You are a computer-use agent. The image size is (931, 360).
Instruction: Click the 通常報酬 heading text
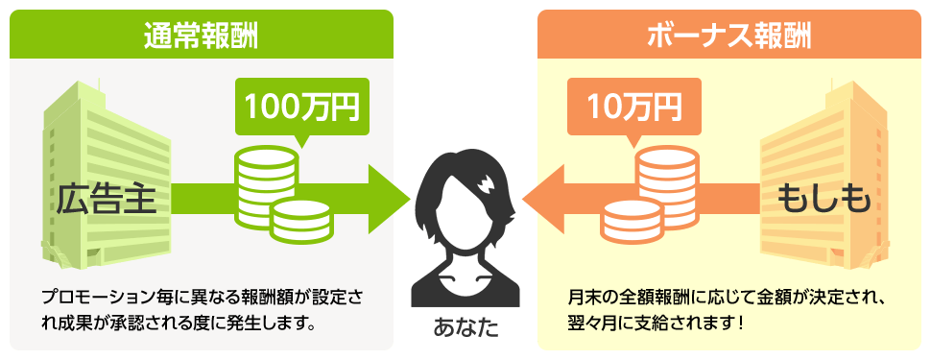coord(202,36)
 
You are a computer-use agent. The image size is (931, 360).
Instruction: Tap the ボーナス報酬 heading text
coord(728,36)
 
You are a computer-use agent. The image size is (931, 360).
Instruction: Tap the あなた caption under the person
coord(465,329)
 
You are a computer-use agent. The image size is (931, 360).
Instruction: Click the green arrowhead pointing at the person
coord(389,199)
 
